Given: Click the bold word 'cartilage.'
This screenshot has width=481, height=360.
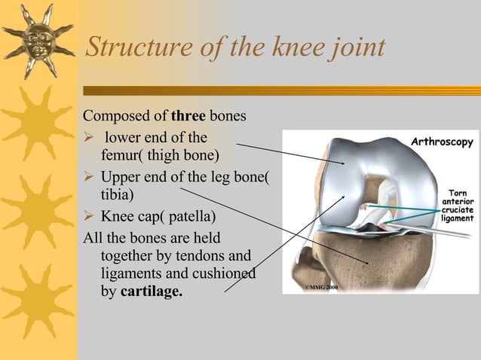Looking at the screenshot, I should click(x=152, y=291).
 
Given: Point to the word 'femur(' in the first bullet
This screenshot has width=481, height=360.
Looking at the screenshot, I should click(x=122, y=156).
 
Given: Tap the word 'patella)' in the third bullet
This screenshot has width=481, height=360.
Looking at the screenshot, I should click(x=188, y=217).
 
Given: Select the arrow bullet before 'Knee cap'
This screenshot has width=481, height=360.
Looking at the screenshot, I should click(x=88, y=217).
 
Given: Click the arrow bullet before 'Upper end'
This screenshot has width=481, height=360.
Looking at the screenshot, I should click(x=88, y=178).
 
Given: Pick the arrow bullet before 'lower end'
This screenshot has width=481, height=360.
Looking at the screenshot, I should click(x=88, y=138).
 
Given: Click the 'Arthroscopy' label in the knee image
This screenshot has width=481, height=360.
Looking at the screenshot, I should click(x=442, y=142).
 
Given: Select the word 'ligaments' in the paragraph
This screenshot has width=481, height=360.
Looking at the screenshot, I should click(x=127, y=273).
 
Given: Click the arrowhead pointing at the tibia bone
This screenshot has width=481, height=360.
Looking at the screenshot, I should click(x=368, y=264).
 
